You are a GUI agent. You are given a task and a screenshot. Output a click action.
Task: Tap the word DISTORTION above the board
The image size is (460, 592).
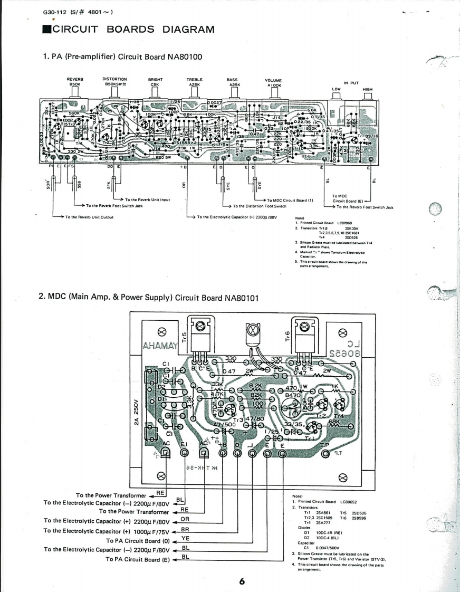(114, 79)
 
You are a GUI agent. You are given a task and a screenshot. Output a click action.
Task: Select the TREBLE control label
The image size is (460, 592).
(194, 79)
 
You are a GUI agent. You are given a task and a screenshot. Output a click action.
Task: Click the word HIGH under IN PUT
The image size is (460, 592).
(368, 89)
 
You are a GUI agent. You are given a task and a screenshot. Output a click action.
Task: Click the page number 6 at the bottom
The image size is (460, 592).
(242, 581)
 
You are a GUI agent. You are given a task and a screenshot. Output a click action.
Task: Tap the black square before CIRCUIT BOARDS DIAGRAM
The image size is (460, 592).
(46, 30)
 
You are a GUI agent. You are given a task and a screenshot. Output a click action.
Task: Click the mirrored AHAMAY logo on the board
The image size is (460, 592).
(159, 346)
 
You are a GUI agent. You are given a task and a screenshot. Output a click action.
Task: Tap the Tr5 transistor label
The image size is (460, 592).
(184, 336)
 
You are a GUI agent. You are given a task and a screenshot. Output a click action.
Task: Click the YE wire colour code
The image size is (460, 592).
(185, 539)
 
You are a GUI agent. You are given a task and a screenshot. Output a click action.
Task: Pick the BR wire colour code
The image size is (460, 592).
(185, 529)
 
